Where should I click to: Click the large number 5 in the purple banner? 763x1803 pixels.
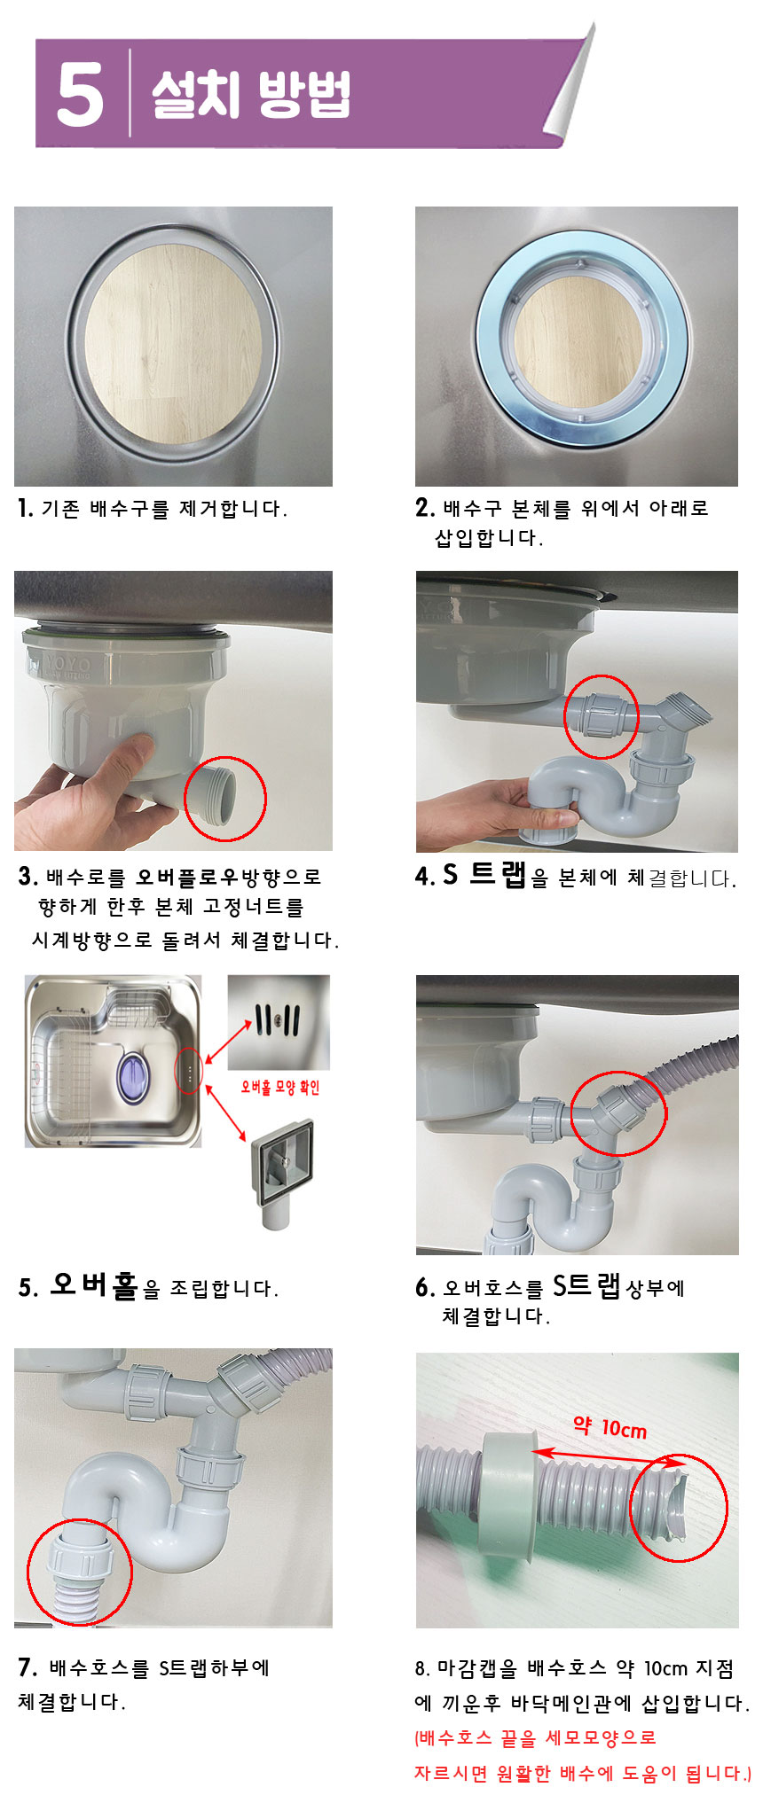click(x=80, y=93)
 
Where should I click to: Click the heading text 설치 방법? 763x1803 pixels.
click(x=251, y=93)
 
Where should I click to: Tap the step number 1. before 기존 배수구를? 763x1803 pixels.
click(x=25, y=508)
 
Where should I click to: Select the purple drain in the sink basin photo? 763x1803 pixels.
click(x=133, y=1077)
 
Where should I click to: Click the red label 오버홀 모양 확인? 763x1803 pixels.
click(x=280, y=1087)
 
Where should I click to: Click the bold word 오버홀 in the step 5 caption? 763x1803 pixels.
click(x=94, y=1285)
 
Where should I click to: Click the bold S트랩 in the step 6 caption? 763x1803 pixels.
click(x=586, y=1285)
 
